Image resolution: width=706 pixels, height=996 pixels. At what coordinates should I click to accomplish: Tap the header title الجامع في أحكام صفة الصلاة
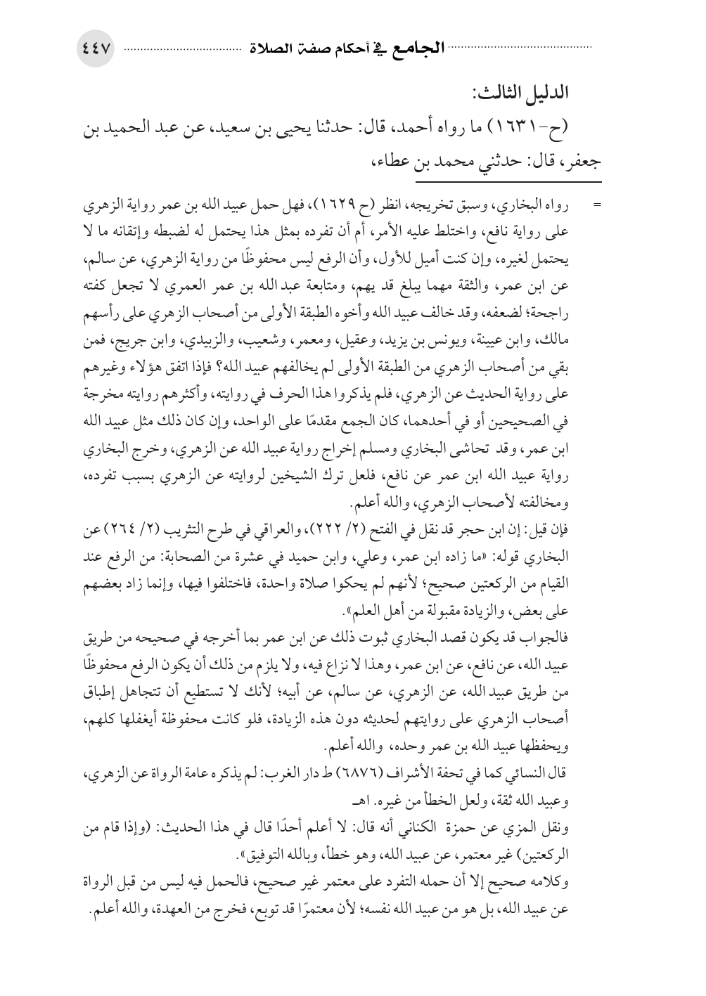342,50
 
